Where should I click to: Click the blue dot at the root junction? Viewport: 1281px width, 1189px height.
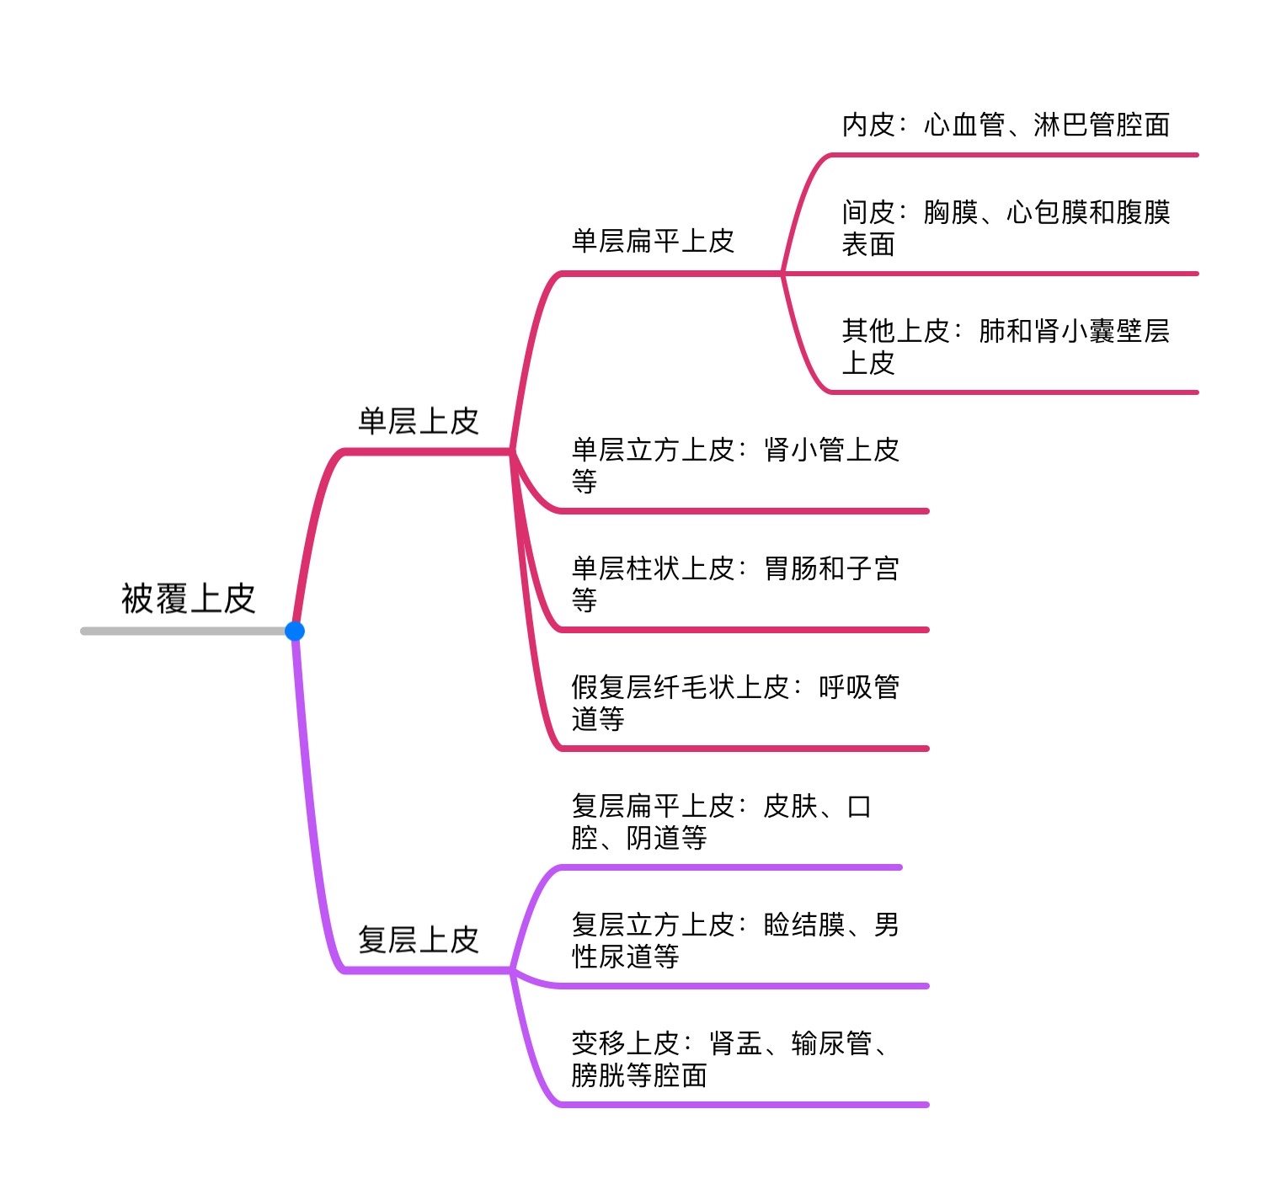pos(295,631)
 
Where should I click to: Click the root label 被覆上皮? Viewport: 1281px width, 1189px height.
pos(188,599)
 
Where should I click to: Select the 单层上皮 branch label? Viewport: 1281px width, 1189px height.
pos(419,421)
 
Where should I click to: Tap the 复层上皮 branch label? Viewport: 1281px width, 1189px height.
pos(419,940)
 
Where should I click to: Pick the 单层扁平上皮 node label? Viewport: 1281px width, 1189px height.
pos(653,242)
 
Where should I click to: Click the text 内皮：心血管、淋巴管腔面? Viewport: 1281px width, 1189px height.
pos(1006,125)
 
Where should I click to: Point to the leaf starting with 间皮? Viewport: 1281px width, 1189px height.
pos(1006,228)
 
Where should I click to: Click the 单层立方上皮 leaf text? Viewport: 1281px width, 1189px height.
pos(734,466)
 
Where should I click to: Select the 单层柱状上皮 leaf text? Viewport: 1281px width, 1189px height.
pos(734,584)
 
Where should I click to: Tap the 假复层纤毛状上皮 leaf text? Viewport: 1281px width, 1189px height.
pos(734,703)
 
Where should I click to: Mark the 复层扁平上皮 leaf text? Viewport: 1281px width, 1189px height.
pos(721,822)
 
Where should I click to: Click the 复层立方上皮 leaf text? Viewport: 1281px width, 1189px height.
pos(734,941)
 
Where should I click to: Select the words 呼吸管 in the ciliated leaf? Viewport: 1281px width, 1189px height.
pos(859,688)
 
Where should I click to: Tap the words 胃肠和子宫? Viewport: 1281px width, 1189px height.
pos(831,569)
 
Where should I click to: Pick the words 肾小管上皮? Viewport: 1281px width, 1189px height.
pos(831,451)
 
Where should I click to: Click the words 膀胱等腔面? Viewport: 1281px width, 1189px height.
pos(639,1076)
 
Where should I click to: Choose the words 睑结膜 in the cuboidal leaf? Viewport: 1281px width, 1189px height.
pos(803,925)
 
